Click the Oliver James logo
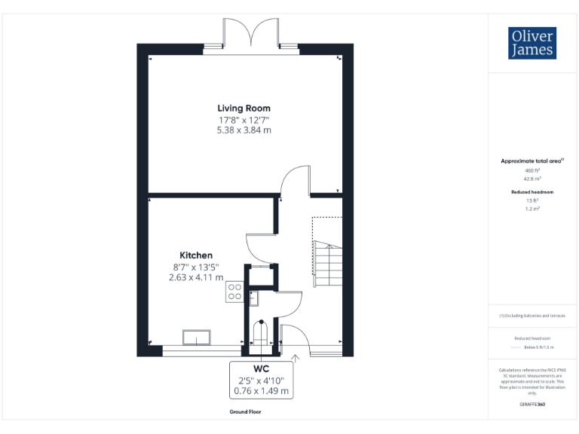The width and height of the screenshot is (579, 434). pyautogui.click(x=533, y=43)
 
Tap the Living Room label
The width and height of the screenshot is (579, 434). pyautogui.click(x=244, y=108)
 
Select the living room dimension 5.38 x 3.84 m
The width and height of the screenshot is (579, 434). pyautogui.click(x=244, y=130)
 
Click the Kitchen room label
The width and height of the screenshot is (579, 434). pyautogui.click(x=195, y=255)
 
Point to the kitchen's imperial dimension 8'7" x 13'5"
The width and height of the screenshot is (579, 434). pyautogui.click(x=195, y=266)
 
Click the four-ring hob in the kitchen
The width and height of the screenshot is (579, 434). pyautogui.click(x=234, y=292)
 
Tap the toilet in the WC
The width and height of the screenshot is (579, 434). pyautogui.click(x=260, y=332)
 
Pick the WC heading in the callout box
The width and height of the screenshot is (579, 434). pyautogui.click(x=261, y=369)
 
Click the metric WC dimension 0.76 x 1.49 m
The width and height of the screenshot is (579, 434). pyautogui.click(x=261, y=391)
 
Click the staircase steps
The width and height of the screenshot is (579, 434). pyautogui.click(x=327, y=264)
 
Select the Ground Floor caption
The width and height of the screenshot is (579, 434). pyautogui.click(x=246, y=412)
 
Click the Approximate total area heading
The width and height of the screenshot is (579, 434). pyautogui.click(x=532, y=161)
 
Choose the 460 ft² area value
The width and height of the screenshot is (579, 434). pyautogui.click(x=532, y=171)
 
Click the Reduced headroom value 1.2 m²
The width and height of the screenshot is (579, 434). pyautogui.click(x=532, y=209)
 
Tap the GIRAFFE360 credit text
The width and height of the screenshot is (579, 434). pyautogui.click(x=532, y=405)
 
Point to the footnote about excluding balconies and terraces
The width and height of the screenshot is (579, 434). pyautogui.click(x=532, y=316)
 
